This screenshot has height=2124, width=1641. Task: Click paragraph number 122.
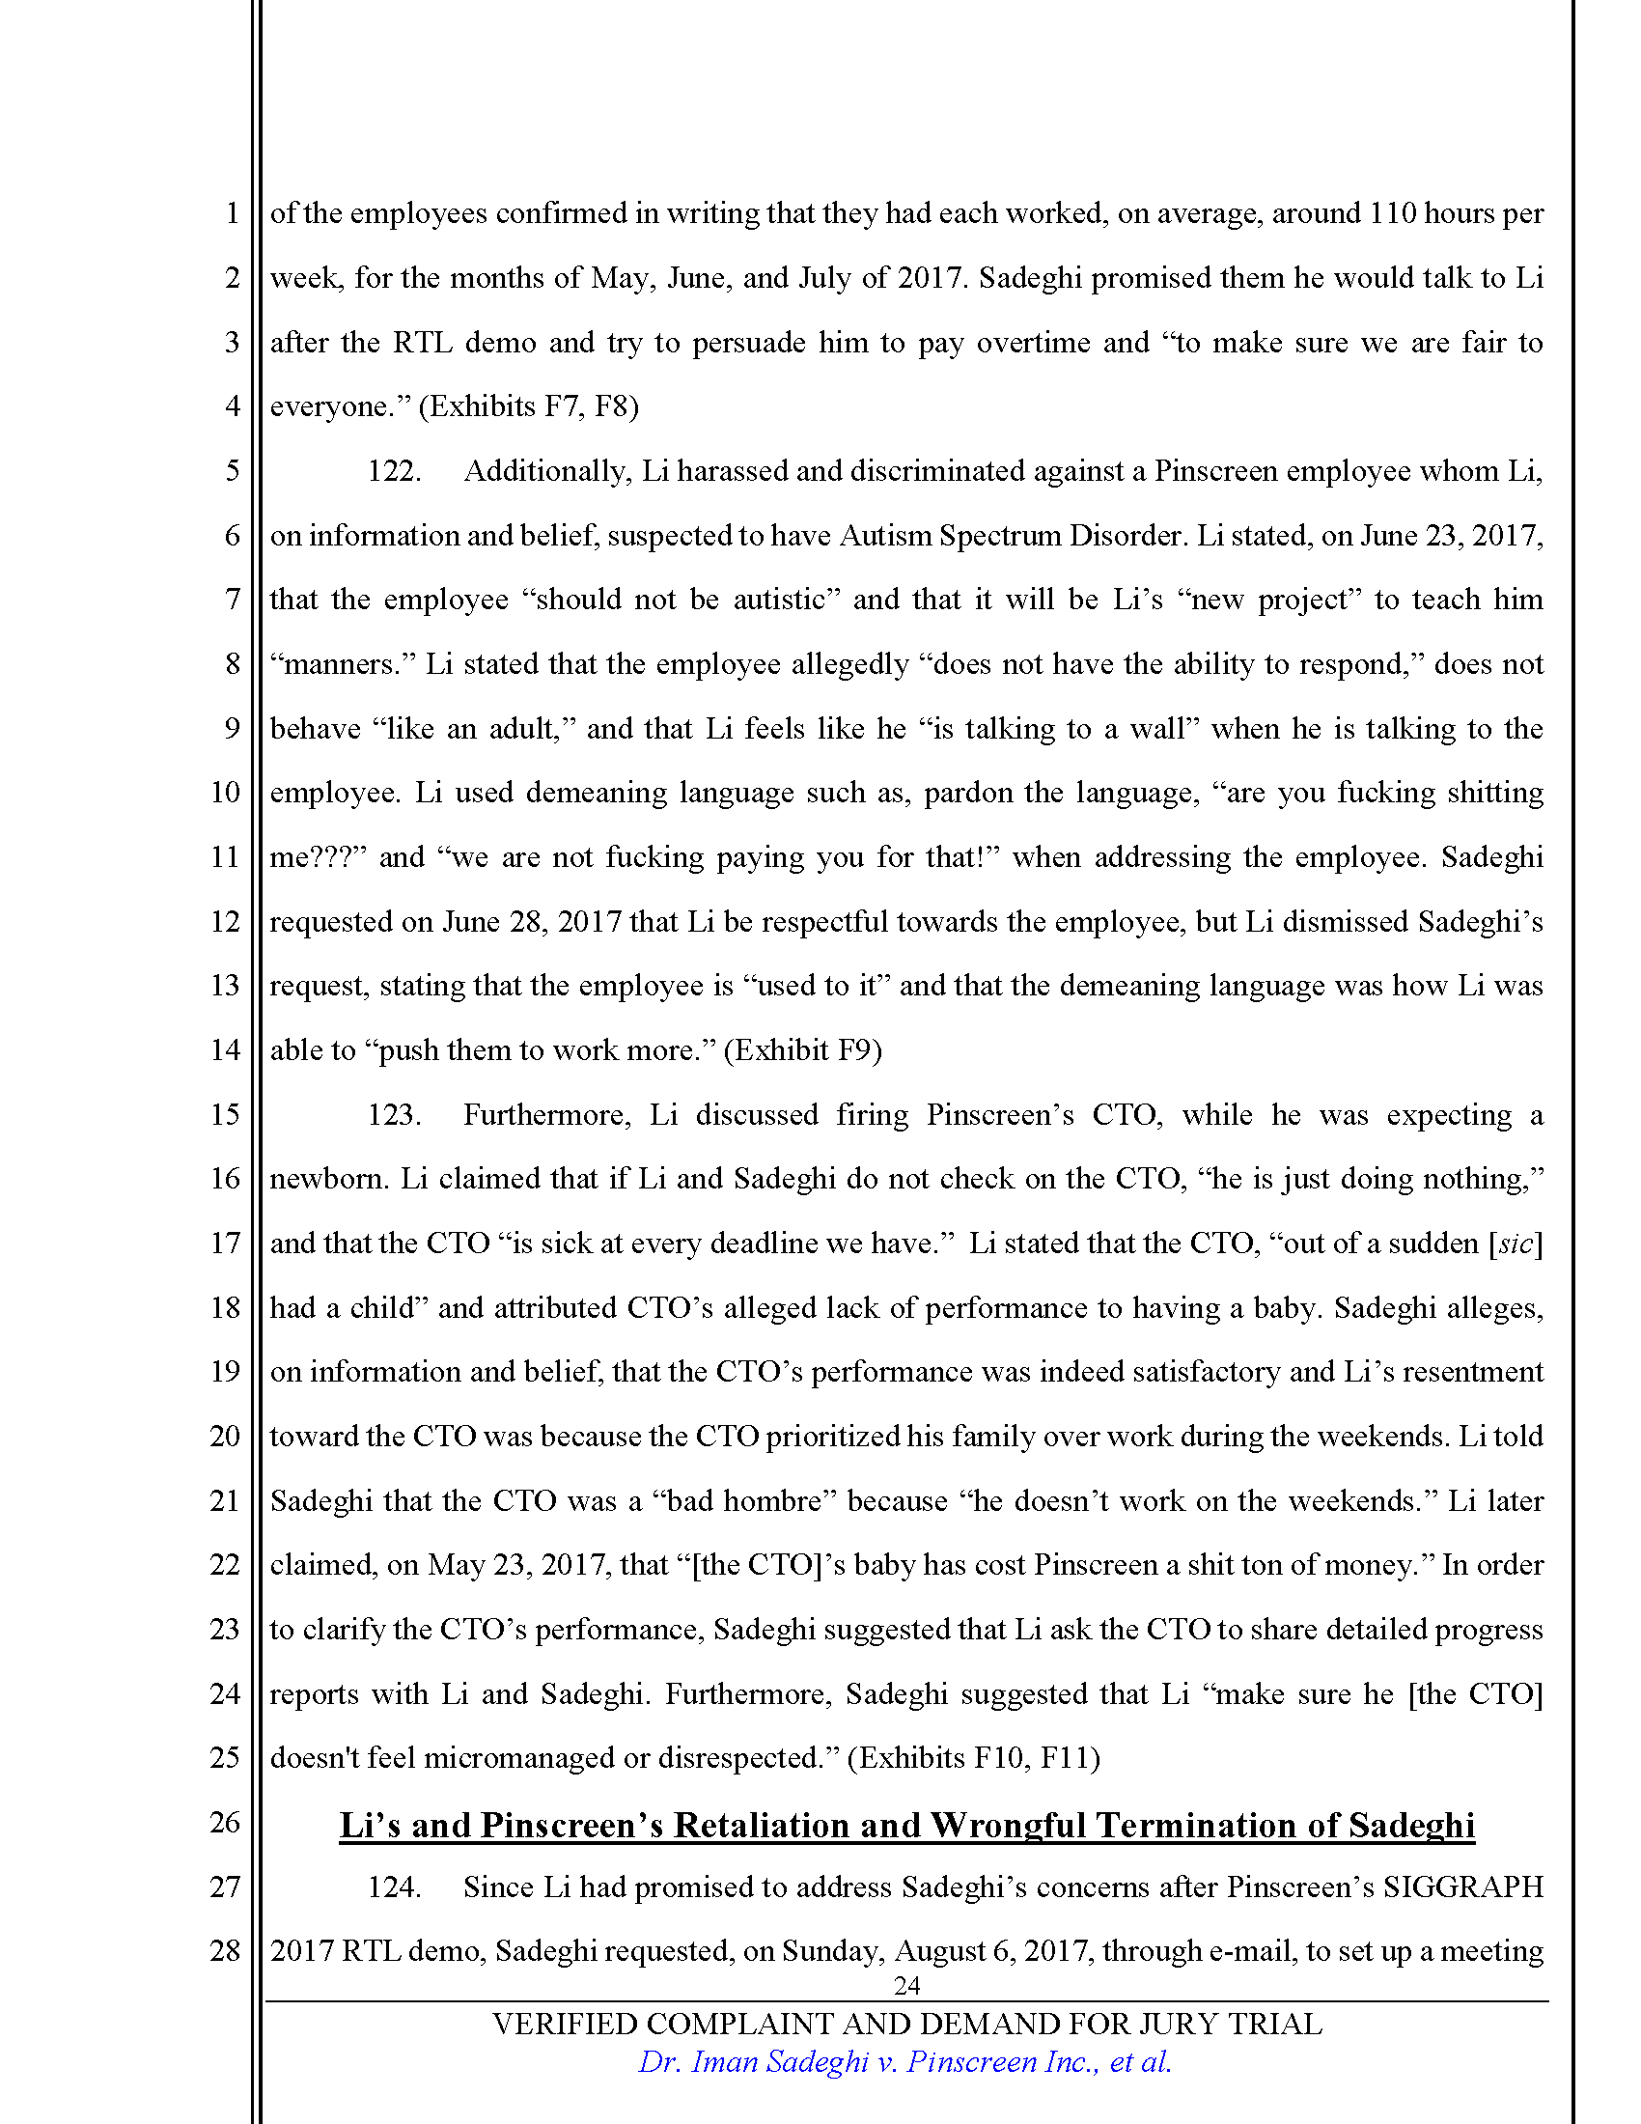point(394,472)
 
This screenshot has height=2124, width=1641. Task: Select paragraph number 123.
point(394,1114)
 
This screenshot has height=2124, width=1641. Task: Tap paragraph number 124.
point(394,1886)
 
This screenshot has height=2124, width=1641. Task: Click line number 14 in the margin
point(225,1050)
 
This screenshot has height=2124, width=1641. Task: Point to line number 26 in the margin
point(225,1823)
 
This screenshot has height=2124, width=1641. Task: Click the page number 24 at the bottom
point(906,1985)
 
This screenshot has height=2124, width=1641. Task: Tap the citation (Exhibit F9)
point(803,1050)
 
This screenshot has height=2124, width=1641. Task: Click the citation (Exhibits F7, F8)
point(529,406)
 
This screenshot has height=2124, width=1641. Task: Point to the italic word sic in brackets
point(1516,1244)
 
